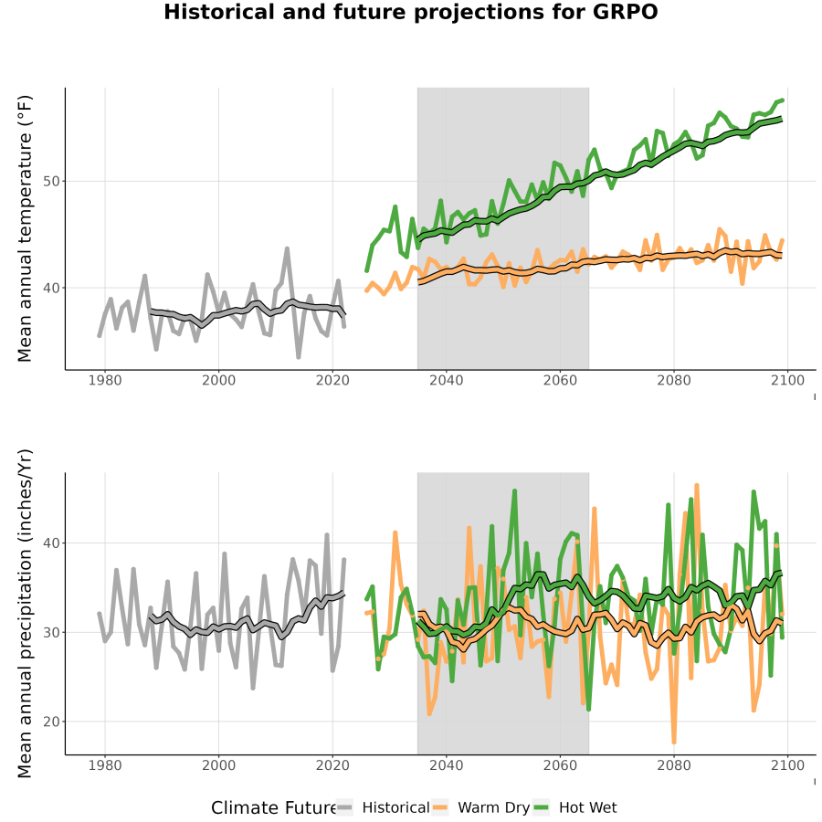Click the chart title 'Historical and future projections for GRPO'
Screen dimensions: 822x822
pos(410,12)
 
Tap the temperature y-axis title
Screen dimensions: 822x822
pos(25,228)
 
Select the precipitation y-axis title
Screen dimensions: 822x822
pos(25,614)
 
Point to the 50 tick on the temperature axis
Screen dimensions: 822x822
pos(51,182)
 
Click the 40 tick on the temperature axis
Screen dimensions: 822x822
pos(51,288)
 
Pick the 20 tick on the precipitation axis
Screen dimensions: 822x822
pos(51,722)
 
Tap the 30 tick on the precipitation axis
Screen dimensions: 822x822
pos(51,633)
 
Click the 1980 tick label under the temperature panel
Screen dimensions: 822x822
pos(105,380)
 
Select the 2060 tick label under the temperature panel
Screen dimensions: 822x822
pos(560,380)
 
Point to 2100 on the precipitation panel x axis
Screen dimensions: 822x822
pos(787,765)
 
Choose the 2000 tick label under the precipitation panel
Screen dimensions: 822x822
pos(218,765)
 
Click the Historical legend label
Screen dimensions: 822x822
pos(395,808)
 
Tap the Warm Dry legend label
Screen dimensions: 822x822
pos(494,808)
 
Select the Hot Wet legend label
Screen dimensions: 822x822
pos(587,808)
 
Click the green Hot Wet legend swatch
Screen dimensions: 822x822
pos(541,808)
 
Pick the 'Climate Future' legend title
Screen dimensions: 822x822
pos(274,808)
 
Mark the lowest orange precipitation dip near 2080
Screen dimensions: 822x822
pos(674,742)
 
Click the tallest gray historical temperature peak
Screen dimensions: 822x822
pos(287,248)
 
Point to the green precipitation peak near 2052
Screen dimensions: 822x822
pos(514,491)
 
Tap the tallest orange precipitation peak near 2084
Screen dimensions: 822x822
pos(697,486)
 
